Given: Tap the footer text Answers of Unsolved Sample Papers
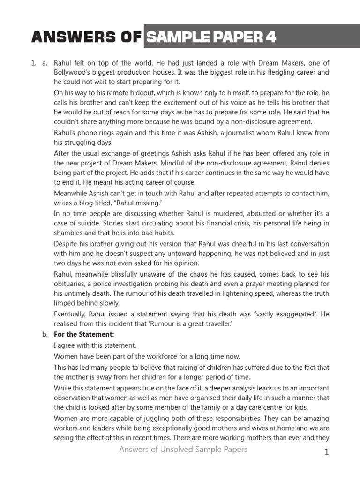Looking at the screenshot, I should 183,450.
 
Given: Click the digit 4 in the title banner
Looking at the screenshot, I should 270,37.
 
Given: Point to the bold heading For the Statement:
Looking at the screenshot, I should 84,334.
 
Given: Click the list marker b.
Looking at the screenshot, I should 45,334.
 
